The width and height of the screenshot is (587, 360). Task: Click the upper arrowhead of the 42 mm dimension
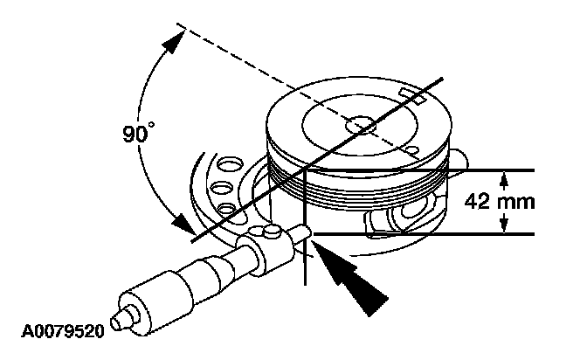coord(504,178)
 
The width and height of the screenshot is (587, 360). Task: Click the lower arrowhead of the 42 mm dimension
coord(504,226)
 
